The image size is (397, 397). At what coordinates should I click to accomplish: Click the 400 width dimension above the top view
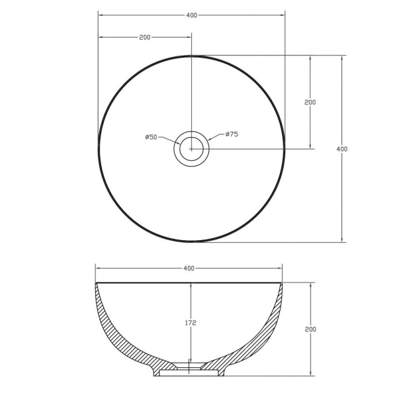point(191,15)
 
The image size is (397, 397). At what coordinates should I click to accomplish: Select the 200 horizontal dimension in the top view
point(145,37)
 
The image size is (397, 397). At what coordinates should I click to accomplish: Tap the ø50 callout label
point(151,137)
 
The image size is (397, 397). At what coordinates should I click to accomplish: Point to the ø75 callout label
point(232,134)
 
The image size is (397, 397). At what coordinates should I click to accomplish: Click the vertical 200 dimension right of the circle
point(310,103)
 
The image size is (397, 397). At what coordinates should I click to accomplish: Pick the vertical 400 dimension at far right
point(342,149)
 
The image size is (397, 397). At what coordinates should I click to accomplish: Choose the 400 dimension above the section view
point(189,269)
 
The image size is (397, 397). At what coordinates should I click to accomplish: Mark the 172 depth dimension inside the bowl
point(191,323)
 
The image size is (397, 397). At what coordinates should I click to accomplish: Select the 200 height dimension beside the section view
point(310,329)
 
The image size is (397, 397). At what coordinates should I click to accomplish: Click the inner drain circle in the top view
point(191,137)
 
